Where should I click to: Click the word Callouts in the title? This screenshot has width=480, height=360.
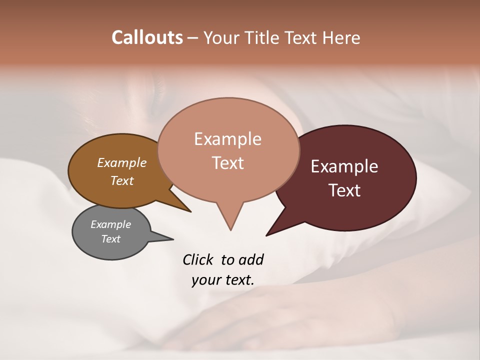pyautogui.click(x=147, y=37)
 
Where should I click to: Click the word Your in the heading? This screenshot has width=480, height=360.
pyautogui.click(x=221, y=38)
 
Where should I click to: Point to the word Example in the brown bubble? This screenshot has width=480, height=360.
pyautogui.click(x=122, y=163)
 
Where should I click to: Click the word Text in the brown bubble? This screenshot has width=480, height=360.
pyautogui.click(x=122, y=180)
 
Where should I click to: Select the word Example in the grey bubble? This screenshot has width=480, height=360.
pyautogui.click(x=111, y=224)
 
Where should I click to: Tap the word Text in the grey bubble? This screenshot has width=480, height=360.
pyautogui.click(x=111, y=239)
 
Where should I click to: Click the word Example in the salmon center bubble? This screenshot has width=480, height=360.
pyautogui.click(x=228, y=139)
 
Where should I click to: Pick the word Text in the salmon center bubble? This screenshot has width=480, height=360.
pyautogui.click(x=228, y=163)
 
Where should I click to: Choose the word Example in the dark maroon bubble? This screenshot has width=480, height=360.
pyautogui.click(x=344, y=166)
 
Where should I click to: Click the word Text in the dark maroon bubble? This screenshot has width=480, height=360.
pyautogui.click(x=344, y=190)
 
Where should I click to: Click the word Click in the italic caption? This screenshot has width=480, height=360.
pyautogui.click(x=199, y=259)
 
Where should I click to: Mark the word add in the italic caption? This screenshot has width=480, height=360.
pyautogui.click(x=251, y=259)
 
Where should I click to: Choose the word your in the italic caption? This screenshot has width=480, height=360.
pyautogui.click(x=205, y=280)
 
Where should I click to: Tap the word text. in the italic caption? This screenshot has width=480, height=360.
pyautogui.click(x=238, y=280)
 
